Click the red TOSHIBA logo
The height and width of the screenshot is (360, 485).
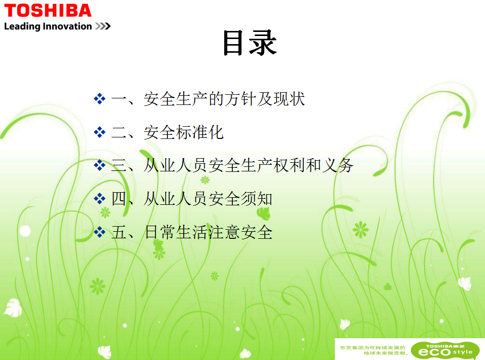click(x=48, y=11)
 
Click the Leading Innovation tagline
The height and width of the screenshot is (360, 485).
click(x=48, y=26)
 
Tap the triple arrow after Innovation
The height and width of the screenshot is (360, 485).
click(x=102, y=26)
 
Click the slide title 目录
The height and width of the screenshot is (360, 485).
click(x=249, y=43)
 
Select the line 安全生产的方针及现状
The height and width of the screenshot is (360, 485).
click(x=224, y=99)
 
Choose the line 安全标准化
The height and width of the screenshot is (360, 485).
click(x=184, y=132)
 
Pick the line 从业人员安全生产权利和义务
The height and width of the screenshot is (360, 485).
click(x=249, y=165)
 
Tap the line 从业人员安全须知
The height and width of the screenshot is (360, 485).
click(x=208, y=199)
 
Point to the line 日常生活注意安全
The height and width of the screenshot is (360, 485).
click(x=209, y=232)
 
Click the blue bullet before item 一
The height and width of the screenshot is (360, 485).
click(x=99, y=99)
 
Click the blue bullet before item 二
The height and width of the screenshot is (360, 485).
click(x=99, y=132)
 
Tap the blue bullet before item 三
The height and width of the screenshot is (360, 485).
click(x=99, y=165)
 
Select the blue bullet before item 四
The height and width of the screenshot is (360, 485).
click(x=99, y=199)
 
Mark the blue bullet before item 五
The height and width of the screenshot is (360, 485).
click(x=99, y=232)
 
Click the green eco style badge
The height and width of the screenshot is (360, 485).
click(x=445, y=350)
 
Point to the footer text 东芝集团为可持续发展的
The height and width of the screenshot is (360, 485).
click(x=372, y=348)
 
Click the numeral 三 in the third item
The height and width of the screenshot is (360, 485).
click(x=119, y=165)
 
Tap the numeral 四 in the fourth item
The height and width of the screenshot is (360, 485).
click(x=119, y=199)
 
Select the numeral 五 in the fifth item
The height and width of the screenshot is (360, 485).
click(x=119, y=232)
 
